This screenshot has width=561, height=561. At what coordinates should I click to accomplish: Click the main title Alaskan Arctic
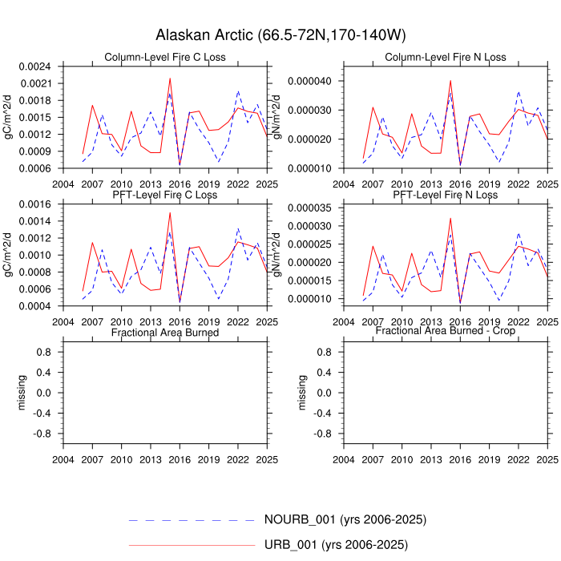click(280, 36)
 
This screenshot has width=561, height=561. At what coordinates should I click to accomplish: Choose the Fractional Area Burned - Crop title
click(446, 331)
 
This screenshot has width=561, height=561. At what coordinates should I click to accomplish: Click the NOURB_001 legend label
click(345, 519)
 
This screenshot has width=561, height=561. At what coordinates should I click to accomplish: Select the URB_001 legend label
click(336, 546)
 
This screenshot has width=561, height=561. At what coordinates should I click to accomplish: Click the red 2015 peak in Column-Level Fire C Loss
click(170, 79)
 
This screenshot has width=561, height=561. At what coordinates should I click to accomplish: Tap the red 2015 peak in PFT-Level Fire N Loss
click(450, 218)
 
